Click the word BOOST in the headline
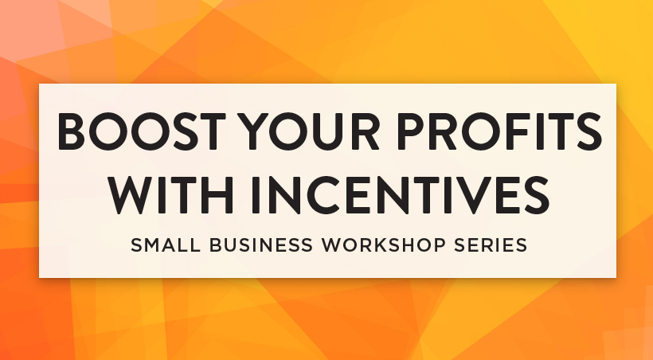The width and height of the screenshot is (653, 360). [142, 131]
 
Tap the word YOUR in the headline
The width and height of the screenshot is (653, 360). [311, 131]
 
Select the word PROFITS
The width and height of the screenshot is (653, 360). [499, 131]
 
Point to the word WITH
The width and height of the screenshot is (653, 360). [170, 195]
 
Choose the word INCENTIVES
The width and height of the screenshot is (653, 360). [401, 195]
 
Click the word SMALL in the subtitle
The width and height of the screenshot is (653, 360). [166, 245]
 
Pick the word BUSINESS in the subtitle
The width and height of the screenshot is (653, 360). [261, 245]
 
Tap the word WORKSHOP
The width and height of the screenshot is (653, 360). [384, 245]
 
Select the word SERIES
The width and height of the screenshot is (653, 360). [491, 245]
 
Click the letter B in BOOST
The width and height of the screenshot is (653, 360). [71, 131]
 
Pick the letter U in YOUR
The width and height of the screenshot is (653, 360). [327, 131]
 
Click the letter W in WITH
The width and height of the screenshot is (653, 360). [135, 195]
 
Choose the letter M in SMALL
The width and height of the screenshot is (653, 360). [154, 245]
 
